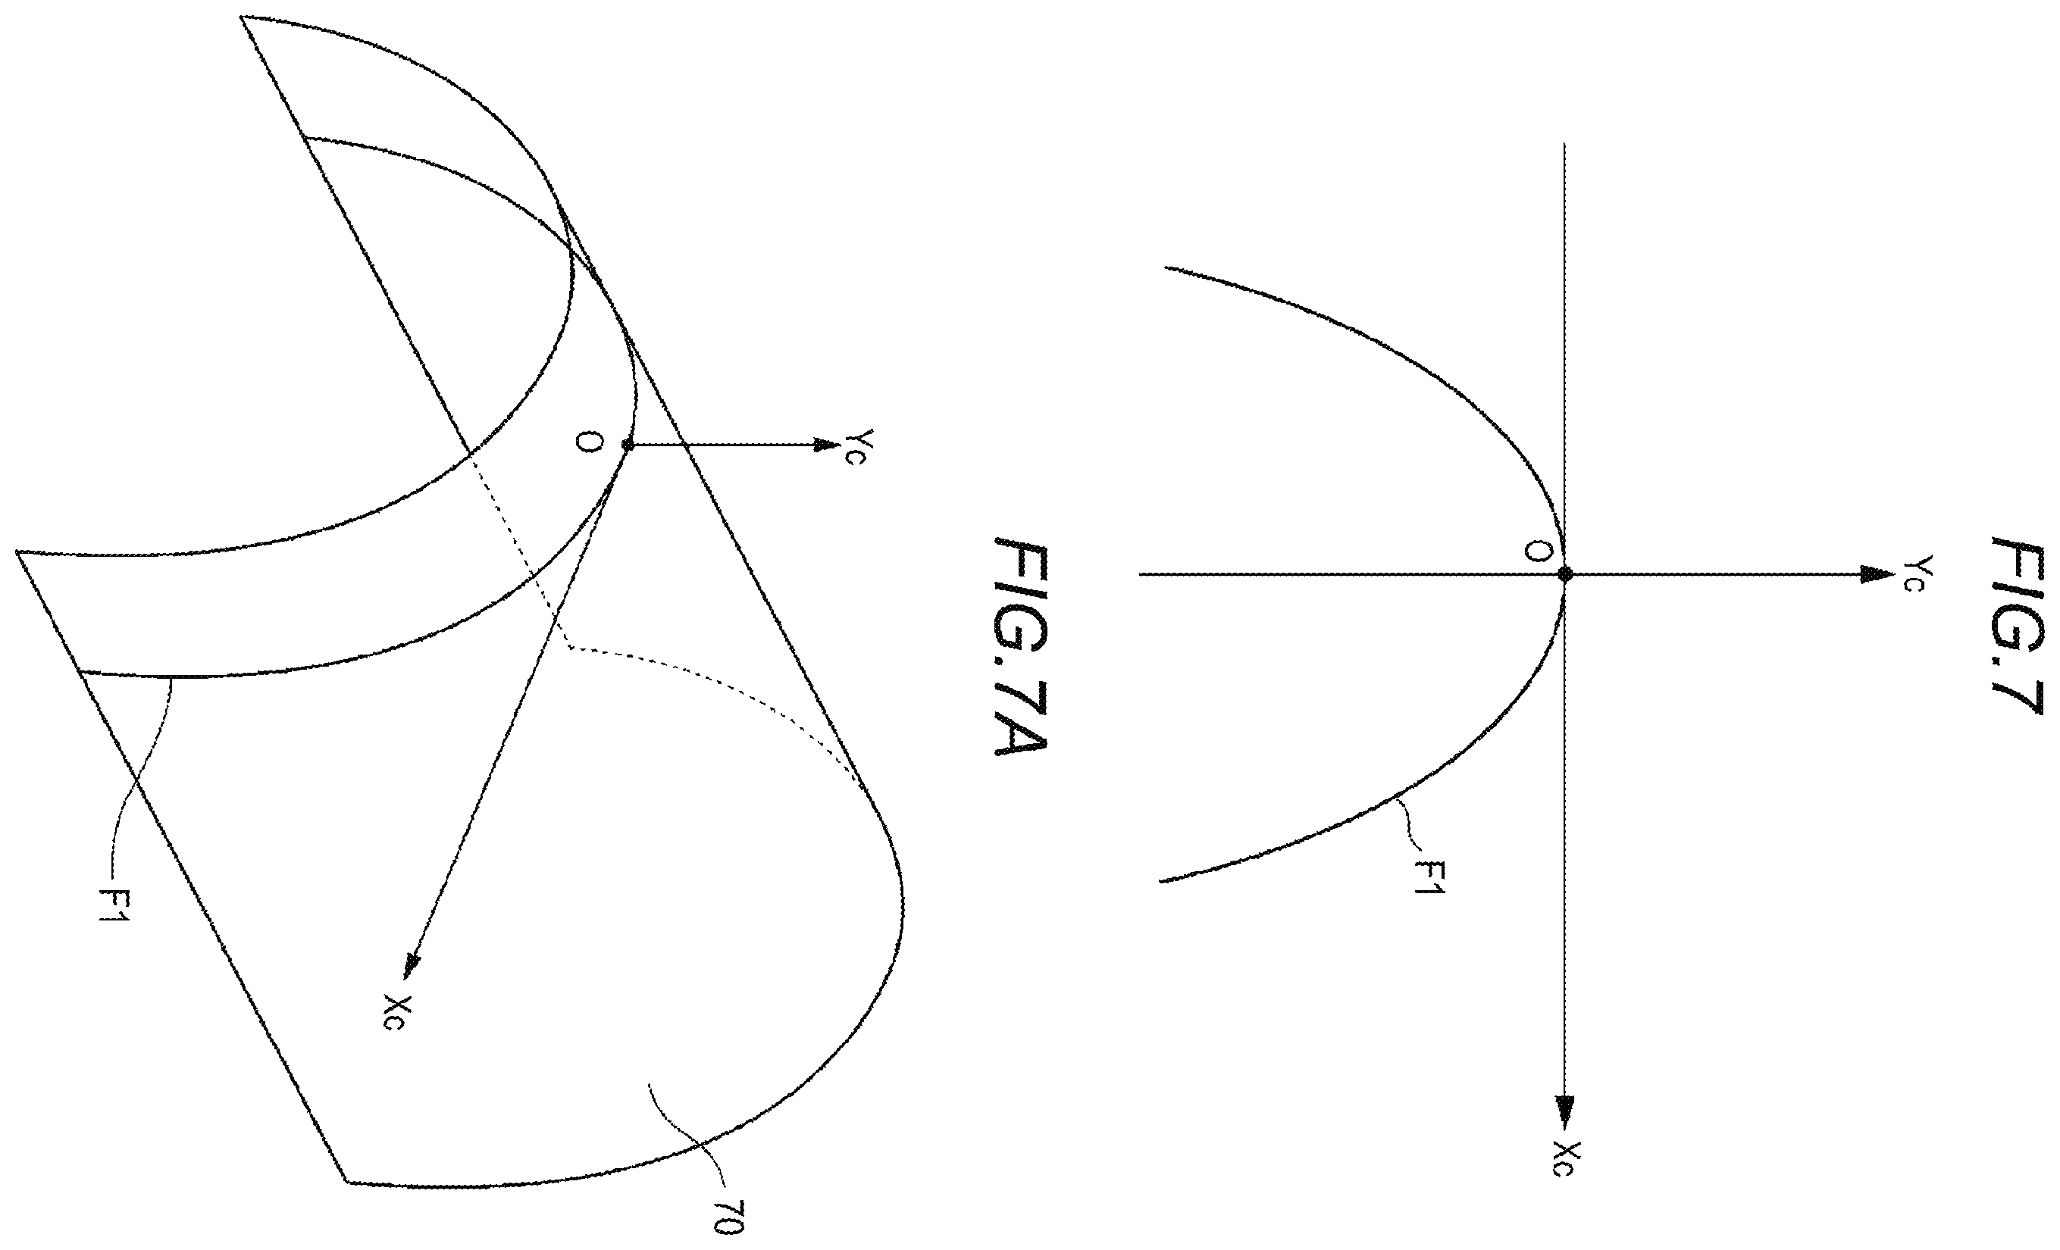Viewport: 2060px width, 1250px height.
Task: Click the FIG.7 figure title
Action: [2018, 626]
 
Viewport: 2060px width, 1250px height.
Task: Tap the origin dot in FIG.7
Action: [1565, 574]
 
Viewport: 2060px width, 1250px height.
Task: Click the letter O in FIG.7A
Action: [590, 445]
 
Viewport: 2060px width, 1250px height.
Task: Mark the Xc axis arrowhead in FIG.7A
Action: [411, 965]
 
